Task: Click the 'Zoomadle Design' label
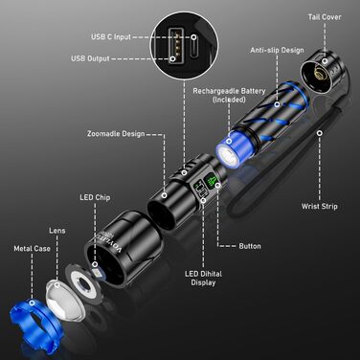(116, 133)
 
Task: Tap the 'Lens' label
(57, 231)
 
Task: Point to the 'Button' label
(250, 246)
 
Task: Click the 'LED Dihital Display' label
(204, 277)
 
